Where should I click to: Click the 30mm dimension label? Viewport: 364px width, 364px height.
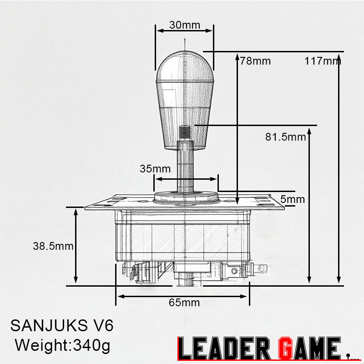click(x=184, y=25)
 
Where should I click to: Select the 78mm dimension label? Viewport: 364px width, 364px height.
click(x=255, y=61)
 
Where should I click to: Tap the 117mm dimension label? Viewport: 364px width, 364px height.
click(x=322, y=61)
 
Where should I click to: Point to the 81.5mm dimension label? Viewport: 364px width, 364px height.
click(x=285, y=136)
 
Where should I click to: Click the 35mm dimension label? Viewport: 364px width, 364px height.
click(x=155, y=169)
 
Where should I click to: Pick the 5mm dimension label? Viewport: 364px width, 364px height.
click(x=293, y=199)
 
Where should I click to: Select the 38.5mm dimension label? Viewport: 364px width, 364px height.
click(x=53, y=246)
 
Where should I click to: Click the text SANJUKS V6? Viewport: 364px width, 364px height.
click(x=61, y=326)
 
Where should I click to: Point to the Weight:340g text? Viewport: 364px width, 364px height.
click(x=63, y=345)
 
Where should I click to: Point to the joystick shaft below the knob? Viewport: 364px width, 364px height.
click(x=185, y=168)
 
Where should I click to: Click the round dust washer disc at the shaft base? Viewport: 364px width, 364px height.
click(x=186, y=197)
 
